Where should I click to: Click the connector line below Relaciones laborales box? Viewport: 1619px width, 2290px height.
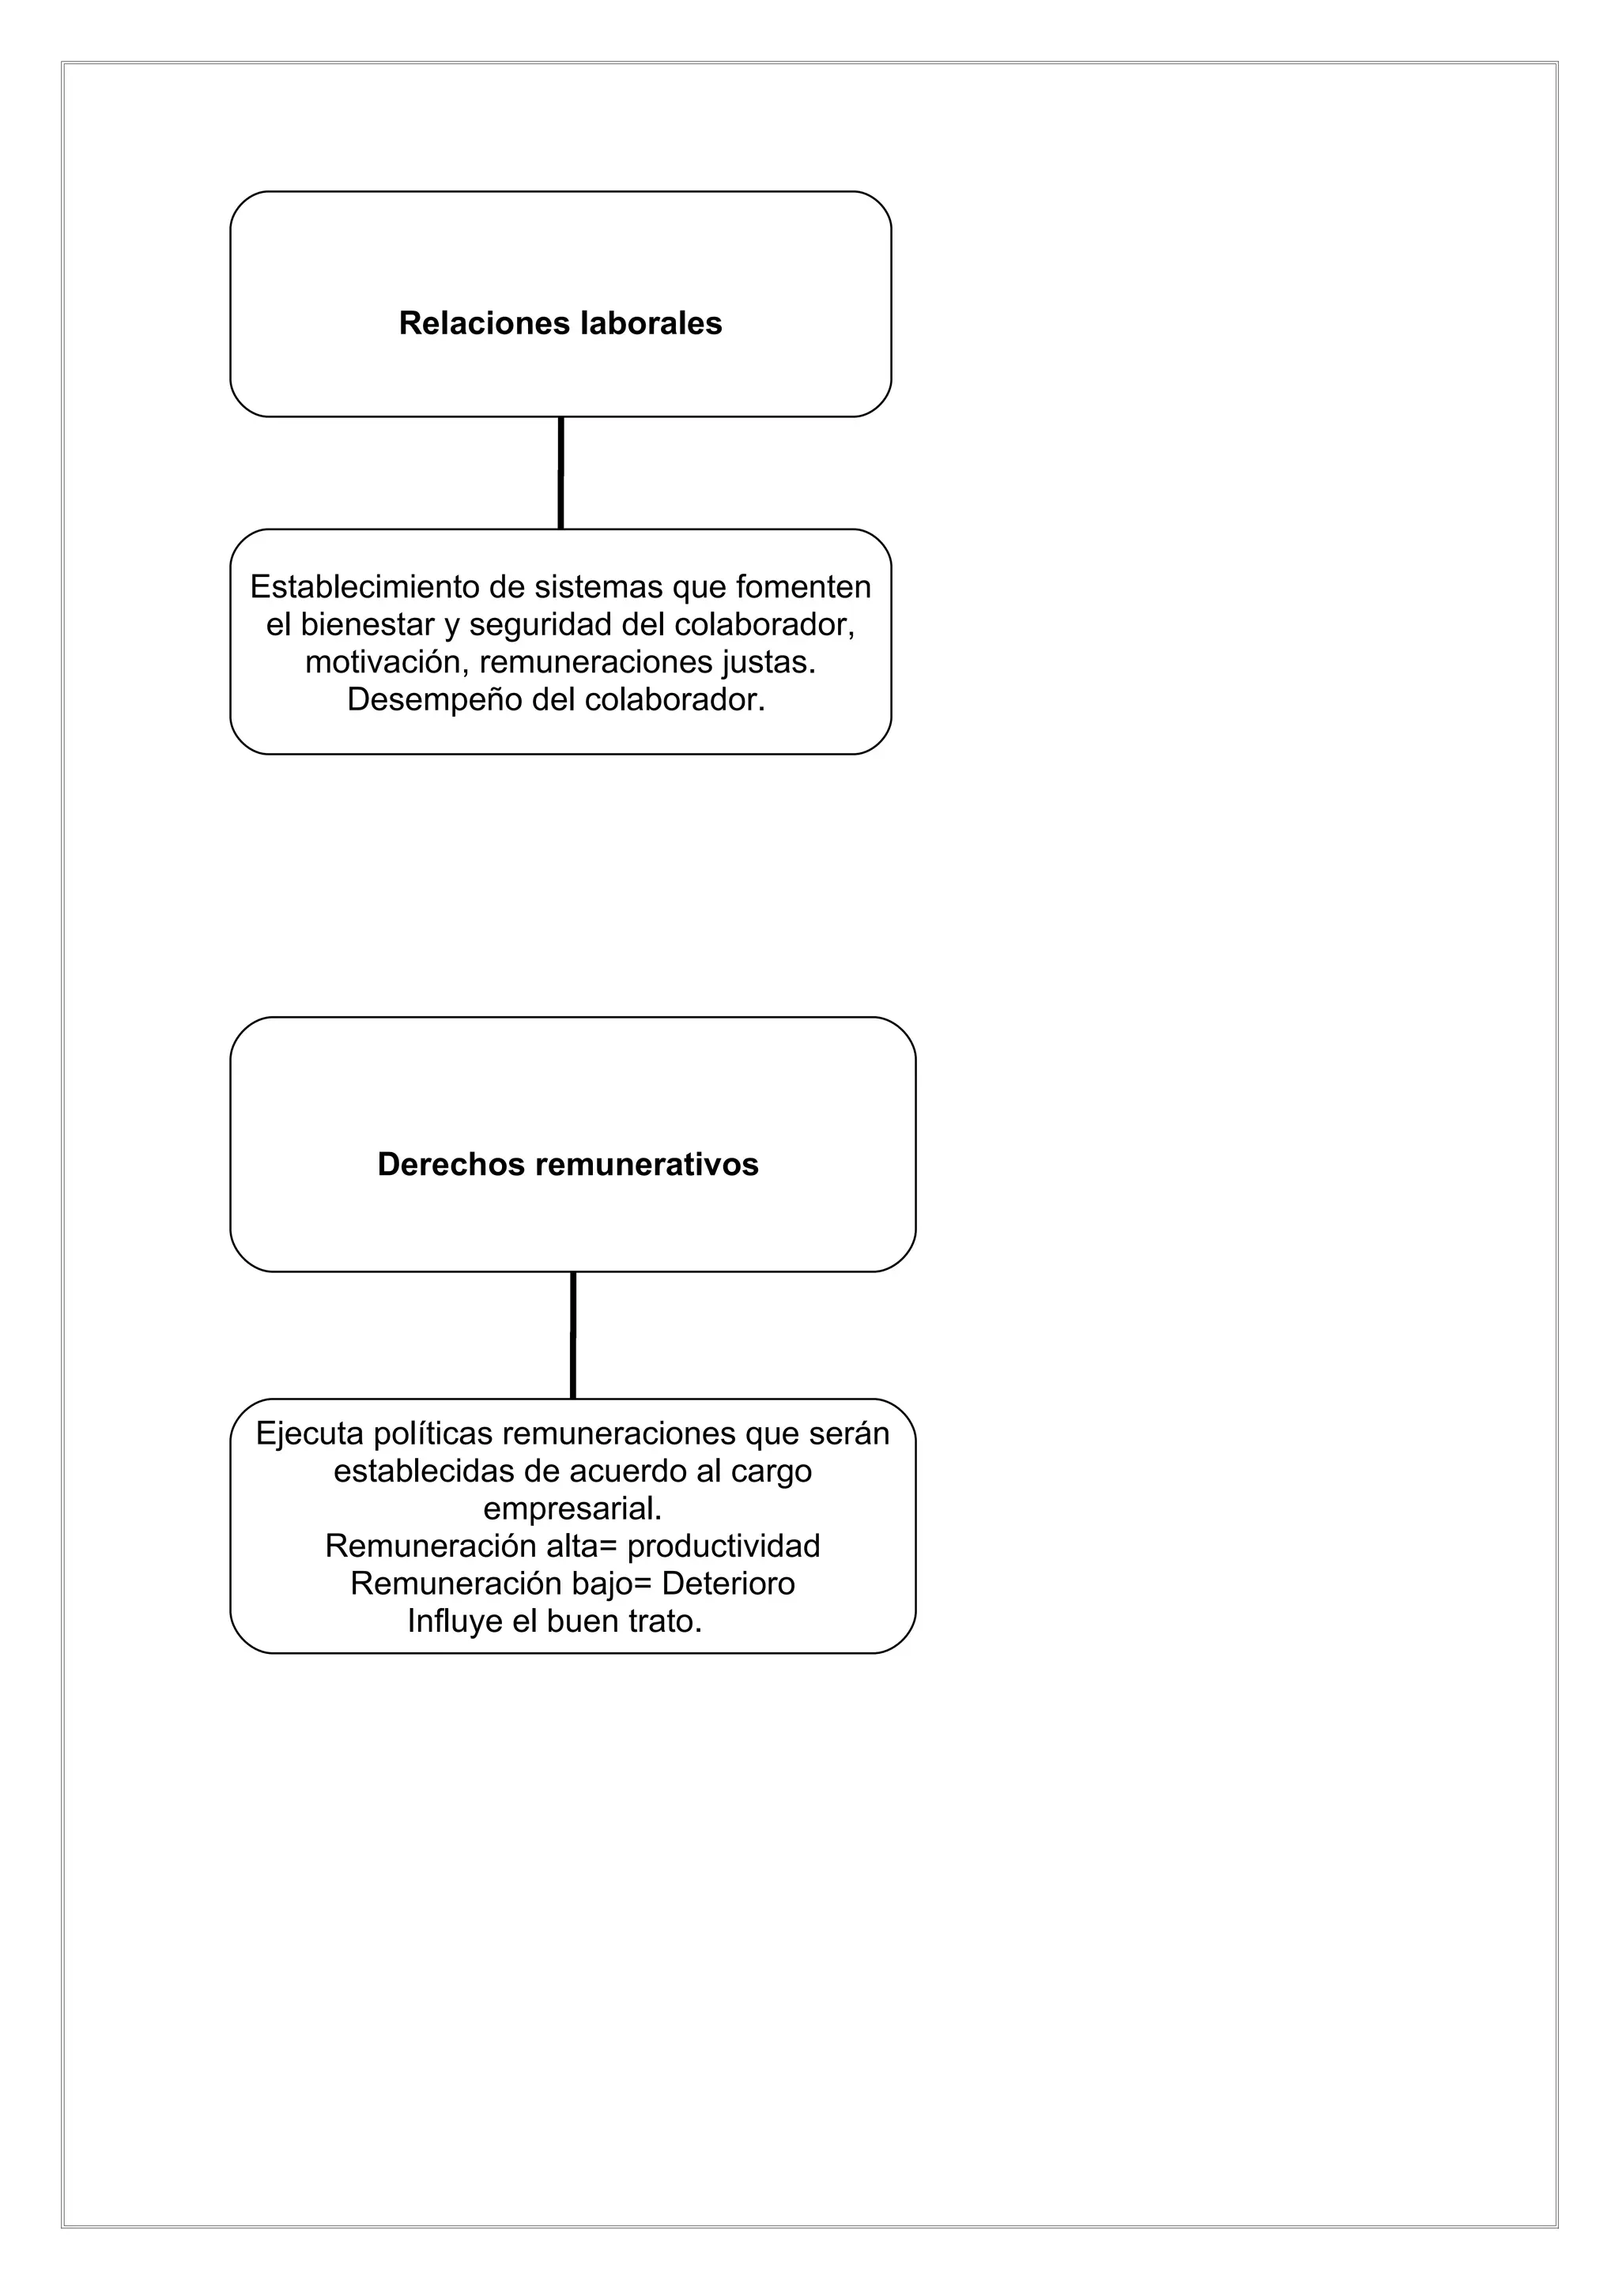pos(560,473)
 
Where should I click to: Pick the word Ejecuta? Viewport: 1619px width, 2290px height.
pos(309,1433)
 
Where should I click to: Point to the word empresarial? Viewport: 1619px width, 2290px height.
pos(572,1508)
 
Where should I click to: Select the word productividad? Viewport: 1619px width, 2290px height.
pos(723,1546)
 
